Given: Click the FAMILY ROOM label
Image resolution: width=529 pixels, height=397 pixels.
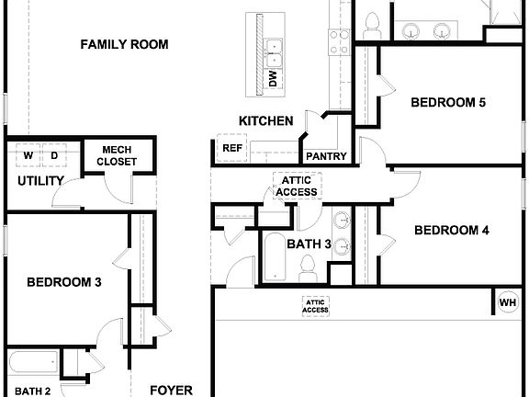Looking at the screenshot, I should click(x=124, y=44).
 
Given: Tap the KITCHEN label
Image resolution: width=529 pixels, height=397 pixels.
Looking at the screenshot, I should click(x=265, y=120).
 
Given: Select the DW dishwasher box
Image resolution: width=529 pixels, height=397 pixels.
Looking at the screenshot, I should click(x=273, y=79).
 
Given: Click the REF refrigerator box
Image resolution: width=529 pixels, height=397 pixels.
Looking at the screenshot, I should click(x=231, y=147).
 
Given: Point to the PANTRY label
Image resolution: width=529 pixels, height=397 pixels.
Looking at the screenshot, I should click(x=326, y=156).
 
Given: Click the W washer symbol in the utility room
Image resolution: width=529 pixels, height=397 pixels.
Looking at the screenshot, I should click(x=28, y=156).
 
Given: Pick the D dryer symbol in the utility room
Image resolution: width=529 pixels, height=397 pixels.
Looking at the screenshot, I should click(x=54, y=156).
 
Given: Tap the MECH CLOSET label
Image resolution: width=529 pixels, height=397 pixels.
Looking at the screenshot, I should click(x=118, y=155).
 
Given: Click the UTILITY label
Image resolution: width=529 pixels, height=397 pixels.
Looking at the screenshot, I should click(x=40, y=181).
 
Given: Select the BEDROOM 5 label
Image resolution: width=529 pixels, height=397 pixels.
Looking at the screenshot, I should click(x=447, y=102).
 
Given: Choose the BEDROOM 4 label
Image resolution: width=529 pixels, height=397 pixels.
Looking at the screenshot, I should click(x=451, y=230).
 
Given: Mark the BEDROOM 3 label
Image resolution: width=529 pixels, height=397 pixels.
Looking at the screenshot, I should click(x=63, y=282).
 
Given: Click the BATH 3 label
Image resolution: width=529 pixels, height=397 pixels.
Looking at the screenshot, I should click(x=310, y=244).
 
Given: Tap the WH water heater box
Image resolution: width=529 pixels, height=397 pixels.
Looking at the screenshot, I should click(x=507, y=301).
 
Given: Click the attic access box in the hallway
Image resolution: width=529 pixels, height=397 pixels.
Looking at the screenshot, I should click(x=296, y=186).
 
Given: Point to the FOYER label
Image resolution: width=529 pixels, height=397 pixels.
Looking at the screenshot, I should click(x=171, y=390).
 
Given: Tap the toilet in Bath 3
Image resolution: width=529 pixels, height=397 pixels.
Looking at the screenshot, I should click(x=309, y=267).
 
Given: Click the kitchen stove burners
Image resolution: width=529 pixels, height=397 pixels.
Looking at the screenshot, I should click(x=339, y=42).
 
